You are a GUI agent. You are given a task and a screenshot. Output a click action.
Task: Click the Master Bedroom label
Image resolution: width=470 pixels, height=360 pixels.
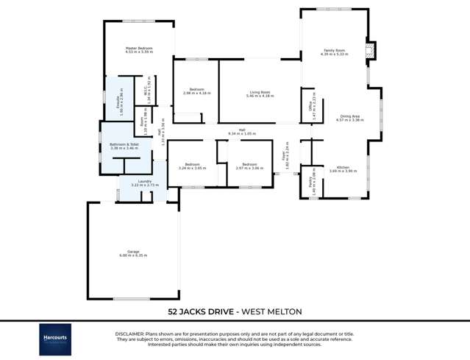click(138, 49)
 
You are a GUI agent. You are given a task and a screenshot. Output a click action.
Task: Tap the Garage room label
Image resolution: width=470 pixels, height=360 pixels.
click(133, 252)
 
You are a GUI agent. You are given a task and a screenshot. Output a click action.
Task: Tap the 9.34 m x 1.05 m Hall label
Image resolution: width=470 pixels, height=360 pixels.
click(241, 130)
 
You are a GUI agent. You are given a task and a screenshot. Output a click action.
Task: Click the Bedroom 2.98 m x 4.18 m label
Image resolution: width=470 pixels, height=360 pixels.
click(195, 91)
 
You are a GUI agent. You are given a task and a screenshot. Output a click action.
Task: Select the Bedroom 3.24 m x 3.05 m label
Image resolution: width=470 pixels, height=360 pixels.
click(192, 165)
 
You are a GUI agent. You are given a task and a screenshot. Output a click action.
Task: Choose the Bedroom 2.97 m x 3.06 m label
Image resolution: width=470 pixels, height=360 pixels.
click(249, 165)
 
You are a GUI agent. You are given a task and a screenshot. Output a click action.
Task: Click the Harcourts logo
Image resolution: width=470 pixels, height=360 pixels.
click(55, 339)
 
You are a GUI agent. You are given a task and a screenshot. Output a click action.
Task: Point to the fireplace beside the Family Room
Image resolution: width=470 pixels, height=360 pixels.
click(371, 50)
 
